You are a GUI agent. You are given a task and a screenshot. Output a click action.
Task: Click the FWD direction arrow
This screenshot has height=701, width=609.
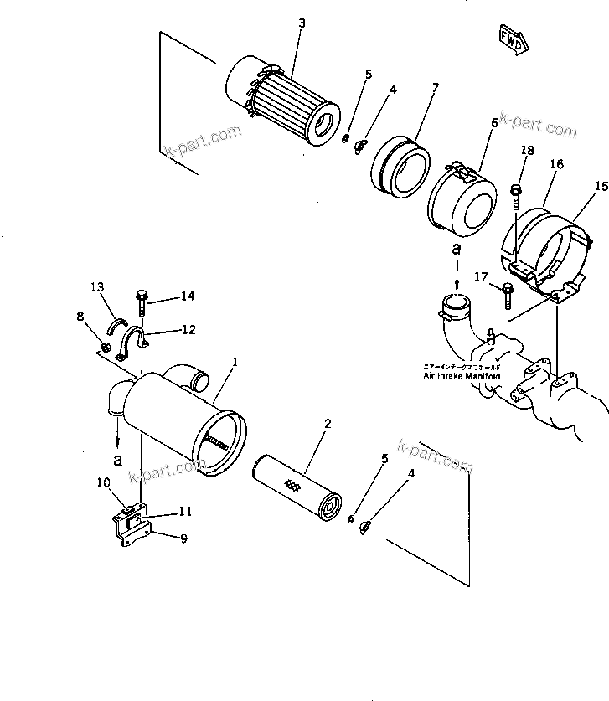[x=512, y=39]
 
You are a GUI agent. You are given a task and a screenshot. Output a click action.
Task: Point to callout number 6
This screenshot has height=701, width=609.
[x=494, y=122]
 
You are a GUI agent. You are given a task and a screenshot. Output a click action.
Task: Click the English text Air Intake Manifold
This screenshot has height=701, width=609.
[x=461, y=377]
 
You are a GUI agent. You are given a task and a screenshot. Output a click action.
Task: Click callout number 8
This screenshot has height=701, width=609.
[x=80, y=316]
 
